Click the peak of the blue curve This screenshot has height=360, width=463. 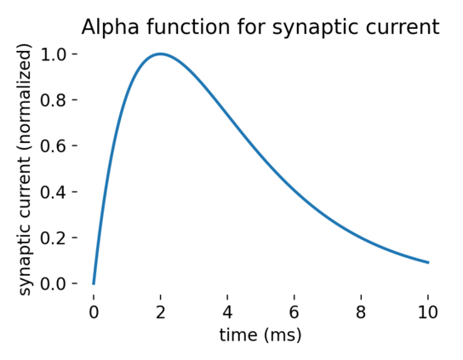point(160,54)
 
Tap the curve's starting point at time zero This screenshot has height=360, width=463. point(94,283)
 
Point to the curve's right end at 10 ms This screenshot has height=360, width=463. point(428,262)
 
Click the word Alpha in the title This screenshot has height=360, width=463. point(110,27)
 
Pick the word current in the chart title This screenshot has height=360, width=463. point(403,28)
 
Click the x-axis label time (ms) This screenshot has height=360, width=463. point(260,336)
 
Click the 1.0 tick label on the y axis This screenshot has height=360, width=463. point(53,54)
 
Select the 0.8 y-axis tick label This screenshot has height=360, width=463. point(53,100)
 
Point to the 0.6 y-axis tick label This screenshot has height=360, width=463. point(53,146)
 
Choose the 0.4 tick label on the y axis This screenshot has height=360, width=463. point(53,192)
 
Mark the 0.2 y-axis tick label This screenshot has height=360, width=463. point(53,238)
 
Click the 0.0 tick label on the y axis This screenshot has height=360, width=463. point(53,283)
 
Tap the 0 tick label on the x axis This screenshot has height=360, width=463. point(94,312)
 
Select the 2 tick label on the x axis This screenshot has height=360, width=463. point(160,312)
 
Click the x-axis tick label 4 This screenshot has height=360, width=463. point(227,312)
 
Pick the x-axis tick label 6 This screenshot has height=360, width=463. point(294,312)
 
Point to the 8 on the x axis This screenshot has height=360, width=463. point(361,312)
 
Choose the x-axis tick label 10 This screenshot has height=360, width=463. point(428,312)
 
